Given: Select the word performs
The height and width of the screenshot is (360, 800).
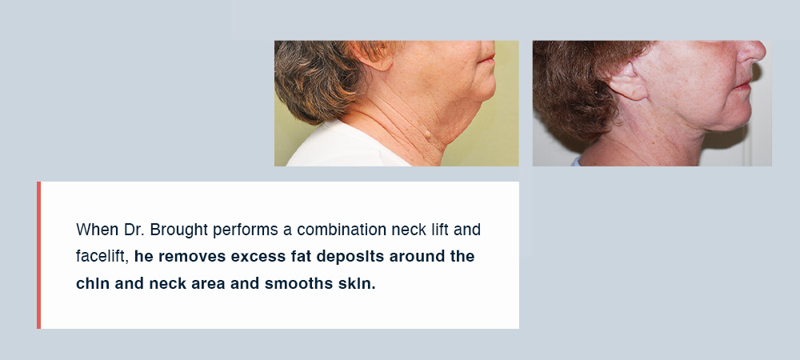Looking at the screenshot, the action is coord(246,230).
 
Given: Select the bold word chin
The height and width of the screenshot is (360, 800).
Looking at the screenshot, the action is coord(92,283).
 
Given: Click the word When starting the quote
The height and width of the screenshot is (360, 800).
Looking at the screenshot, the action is coord(98,230).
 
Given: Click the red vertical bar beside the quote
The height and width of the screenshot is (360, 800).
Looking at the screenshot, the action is coord(38,255).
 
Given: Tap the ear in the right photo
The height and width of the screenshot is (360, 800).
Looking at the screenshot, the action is coord(627,81).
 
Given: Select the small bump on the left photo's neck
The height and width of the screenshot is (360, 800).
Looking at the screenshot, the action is coord(427,134).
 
